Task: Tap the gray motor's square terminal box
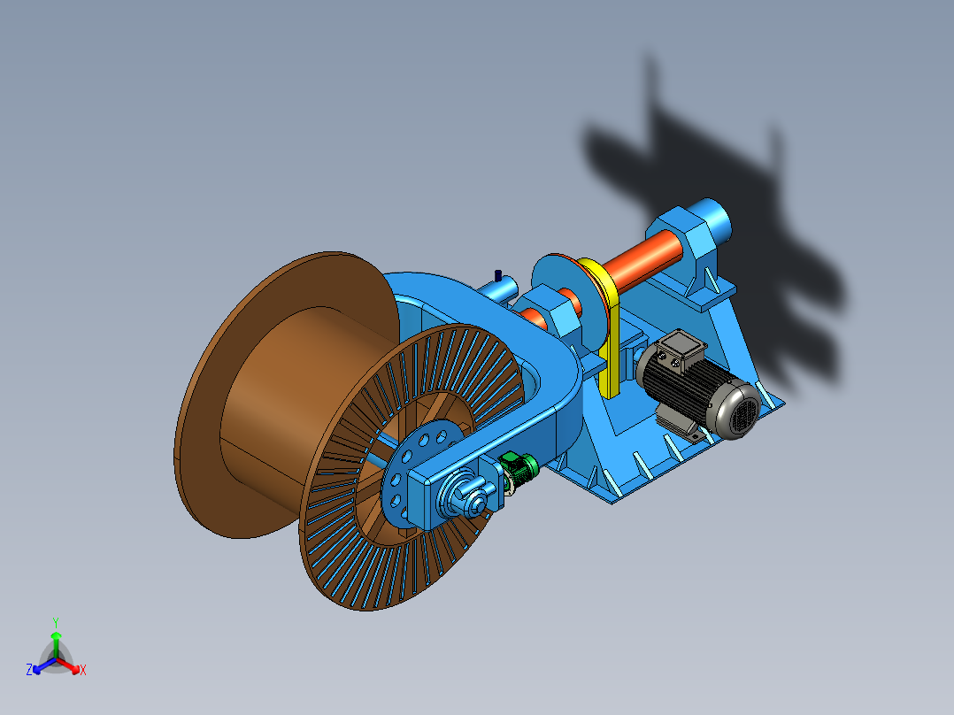click(x=681, y=350)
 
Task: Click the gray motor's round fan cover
click(x=738, y=409)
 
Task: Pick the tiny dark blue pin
click(x=498, y=276)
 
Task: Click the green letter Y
click(x=56, y=623)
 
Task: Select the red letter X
click(x=83, y=670)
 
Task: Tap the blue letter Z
click(x=28, y=670)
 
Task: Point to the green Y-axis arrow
click(x=56, y=644)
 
